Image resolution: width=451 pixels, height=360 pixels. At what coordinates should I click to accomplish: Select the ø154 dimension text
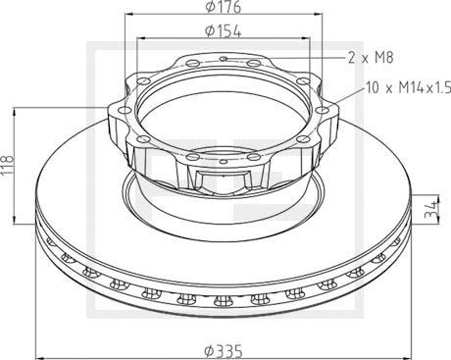point(225,31)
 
